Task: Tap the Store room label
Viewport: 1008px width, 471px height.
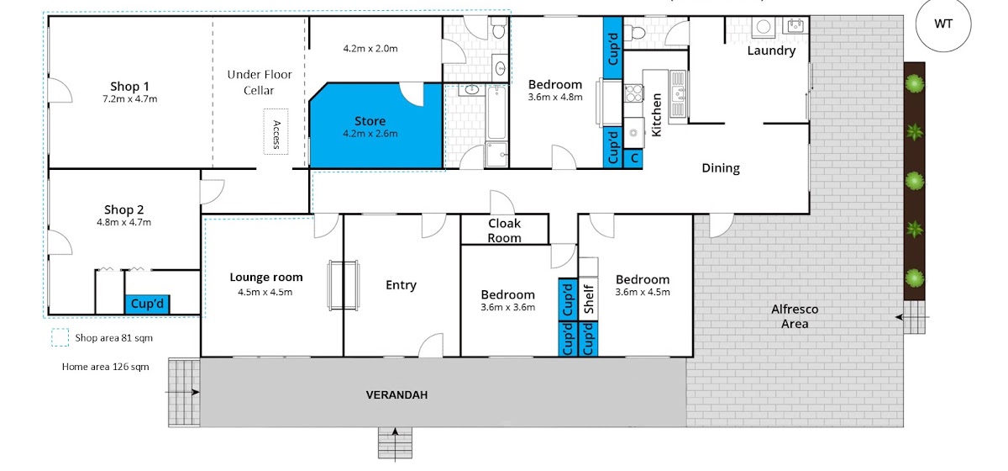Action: (x=370, y=121)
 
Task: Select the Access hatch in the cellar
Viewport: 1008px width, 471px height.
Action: (x=276, y=131)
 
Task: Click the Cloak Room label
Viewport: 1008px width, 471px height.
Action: (x=504, y=230)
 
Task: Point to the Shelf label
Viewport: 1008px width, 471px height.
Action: (x=589, y=299)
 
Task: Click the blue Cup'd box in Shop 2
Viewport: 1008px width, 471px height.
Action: (x=147, y=304)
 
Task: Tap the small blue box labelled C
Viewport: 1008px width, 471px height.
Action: (x=633, y=159)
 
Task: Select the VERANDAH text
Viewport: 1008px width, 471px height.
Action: (x=396, y=394)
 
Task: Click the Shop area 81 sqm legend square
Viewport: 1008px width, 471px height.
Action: (x=60, y=337)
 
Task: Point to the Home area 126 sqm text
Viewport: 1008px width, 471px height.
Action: (x=105, y=367)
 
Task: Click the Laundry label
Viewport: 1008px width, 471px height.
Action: (x=771, y=50)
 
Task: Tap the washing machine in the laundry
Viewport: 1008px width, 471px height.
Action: (x=764, y=27)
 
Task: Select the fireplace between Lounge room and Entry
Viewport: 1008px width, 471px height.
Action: (x=344, y=285)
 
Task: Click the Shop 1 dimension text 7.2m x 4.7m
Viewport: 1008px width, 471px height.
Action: (x=129, y=99)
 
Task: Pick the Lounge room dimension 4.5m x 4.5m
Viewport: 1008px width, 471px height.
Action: (x=265, y=292)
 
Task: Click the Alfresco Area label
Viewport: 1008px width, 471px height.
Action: (x=795, y=316)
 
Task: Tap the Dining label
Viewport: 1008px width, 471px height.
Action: (x=721, y=168)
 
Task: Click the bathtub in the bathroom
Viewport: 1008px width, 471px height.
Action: (x=496, y=113)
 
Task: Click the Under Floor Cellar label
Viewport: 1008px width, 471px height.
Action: (x=260, y=82)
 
